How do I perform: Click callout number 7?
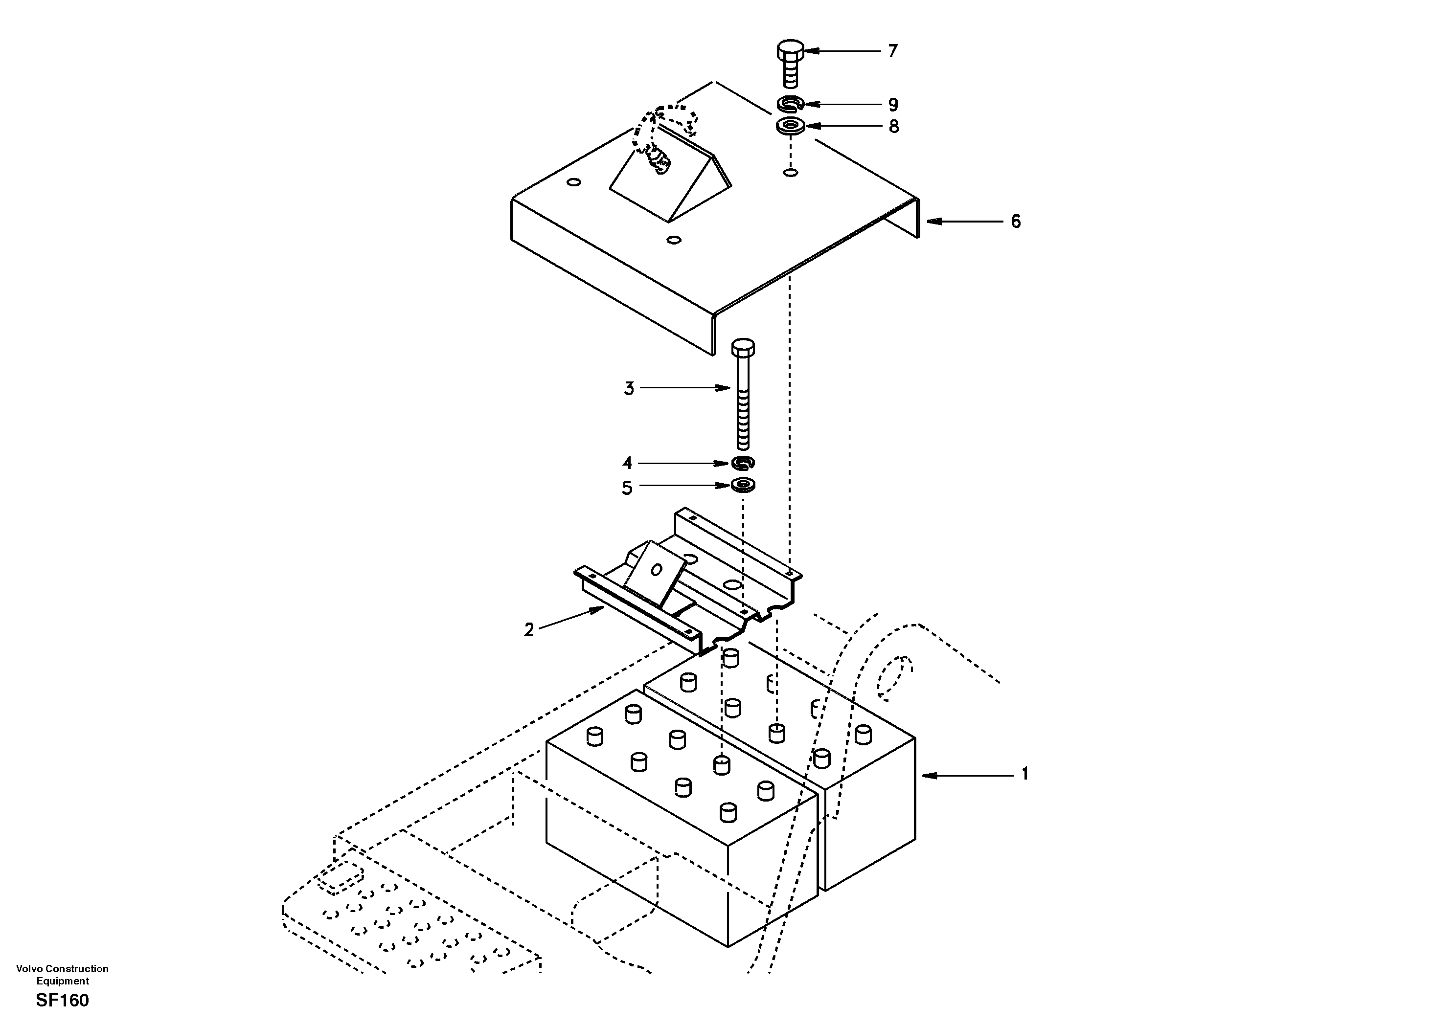(893, 51)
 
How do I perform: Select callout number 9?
(893, 105)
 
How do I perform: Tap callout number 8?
(893, 127)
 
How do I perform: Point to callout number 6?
(1015, 222)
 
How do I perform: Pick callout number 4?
(627, 464)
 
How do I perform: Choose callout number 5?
(627, 488)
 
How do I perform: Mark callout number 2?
(528, 630)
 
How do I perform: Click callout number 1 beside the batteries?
(1024, 774)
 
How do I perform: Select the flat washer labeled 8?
(790, 126)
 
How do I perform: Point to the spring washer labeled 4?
(743, 463)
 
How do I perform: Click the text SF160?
(62, 1001)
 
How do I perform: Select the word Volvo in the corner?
(28, 969)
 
